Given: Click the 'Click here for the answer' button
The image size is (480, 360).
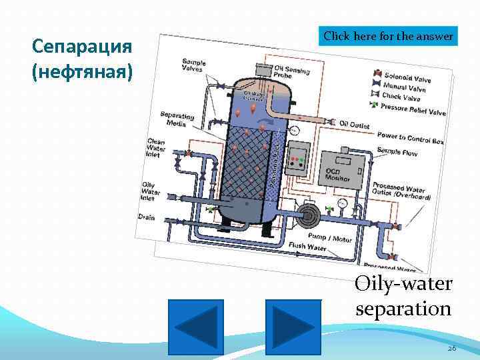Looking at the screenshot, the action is click(389, 35).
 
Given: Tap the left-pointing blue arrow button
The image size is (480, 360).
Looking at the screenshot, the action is click(196, 327).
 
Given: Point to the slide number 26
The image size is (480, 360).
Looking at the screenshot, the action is click(451, 348).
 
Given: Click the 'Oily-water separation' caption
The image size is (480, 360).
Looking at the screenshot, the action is click(403, 297).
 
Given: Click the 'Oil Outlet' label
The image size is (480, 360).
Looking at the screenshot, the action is click(353, 124).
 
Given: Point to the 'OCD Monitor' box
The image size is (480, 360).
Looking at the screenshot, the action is click(341, 173).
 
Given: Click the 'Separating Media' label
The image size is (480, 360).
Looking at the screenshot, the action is click(177, 119).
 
